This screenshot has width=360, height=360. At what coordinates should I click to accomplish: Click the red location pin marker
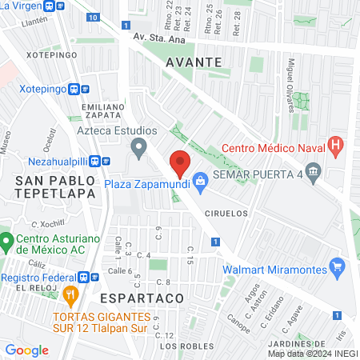point(180,163)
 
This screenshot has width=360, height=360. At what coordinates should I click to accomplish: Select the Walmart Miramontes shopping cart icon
point(337,265)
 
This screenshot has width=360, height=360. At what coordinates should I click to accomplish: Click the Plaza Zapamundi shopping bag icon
point(199,182)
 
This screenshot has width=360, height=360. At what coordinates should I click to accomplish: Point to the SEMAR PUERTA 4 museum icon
point(313,170)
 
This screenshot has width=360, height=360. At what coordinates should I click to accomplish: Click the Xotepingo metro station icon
point(74,89)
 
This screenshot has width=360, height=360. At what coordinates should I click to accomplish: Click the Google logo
point(27,350)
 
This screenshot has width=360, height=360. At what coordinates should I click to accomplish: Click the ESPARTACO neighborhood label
point(143,297)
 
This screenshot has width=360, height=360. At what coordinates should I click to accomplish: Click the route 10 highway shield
point(94,17)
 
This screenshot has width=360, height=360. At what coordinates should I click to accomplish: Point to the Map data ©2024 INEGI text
point(312,353)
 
